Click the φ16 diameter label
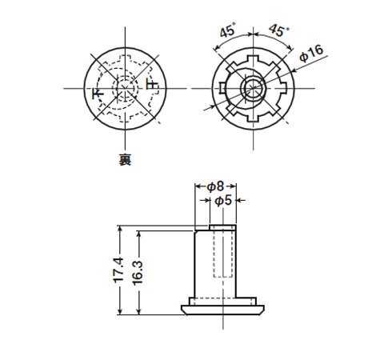tap(311, 54)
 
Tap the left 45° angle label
tap(228, 30)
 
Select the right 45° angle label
tap(278, 30)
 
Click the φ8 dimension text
tap(215, 186)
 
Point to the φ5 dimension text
tap(223, 200)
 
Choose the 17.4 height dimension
tap(118, 270)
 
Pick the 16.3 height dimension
tap(138, 273)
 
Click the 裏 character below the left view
tap(125, 160)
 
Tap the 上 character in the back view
tap(152, 84)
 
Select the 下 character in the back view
tap(98, 93)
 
